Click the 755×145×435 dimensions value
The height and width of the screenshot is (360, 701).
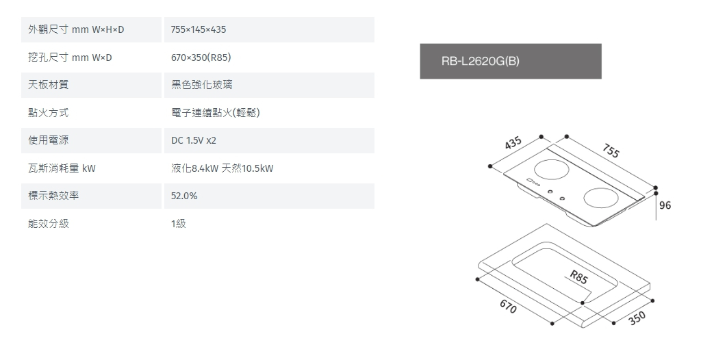[199, 30]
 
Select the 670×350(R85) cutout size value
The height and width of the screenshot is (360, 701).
[205, 57]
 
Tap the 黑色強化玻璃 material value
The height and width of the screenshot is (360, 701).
[201, 85]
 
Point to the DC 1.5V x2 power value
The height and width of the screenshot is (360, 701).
[194, 140]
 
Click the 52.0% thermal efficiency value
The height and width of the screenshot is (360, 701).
[184, 196]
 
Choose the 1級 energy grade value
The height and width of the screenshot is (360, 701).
[179, 224]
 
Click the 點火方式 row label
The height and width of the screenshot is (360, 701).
[49, 113]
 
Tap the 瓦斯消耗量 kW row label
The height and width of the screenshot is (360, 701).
[62, 168]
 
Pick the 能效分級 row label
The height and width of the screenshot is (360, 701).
[49, 224]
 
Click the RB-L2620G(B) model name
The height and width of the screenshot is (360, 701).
[481, 61]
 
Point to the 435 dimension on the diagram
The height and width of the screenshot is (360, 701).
[513, 144]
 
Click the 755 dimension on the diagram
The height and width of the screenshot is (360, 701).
[611, 152]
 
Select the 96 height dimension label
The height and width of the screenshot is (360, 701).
[665, 205]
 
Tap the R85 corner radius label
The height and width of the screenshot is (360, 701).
[578, 278]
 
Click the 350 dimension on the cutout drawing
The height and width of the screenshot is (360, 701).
[637, 318]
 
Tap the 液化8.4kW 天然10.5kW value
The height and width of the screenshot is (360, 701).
[222, 168]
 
